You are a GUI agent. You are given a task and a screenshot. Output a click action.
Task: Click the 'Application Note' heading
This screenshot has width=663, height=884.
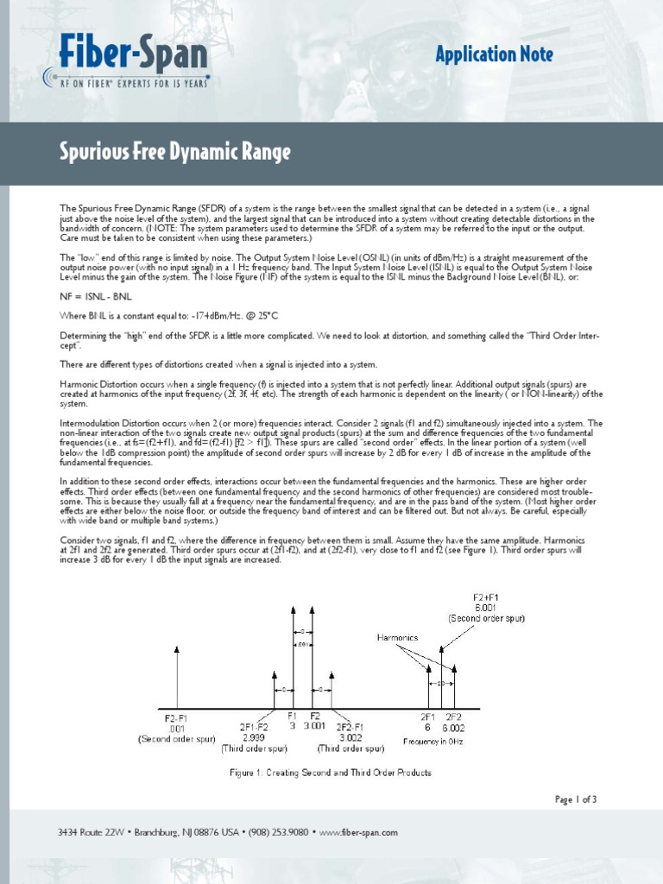tap(494, 55)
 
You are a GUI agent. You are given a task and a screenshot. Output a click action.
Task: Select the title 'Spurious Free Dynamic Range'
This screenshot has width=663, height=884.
tap(175, 154)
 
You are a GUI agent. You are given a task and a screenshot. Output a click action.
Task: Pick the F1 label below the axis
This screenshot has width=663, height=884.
tap(293, 716)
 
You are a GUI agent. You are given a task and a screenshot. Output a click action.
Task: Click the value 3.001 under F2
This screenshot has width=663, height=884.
tap(316, 726)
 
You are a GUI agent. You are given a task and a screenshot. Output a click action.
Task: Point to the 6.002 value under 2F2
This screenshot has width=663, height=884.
tap(453, 727)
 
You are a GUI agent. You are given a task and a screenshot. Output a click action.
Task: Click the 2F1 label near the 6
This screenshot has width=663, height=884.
tap(428, 716)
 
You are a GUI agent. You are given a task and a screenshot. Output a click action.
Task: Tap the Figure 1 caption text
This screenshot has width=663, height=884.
tap(331, 773)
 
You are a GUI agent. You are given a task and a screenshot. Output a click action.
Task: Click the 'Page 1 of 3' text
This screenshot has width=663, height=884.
tap(575, 799)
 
